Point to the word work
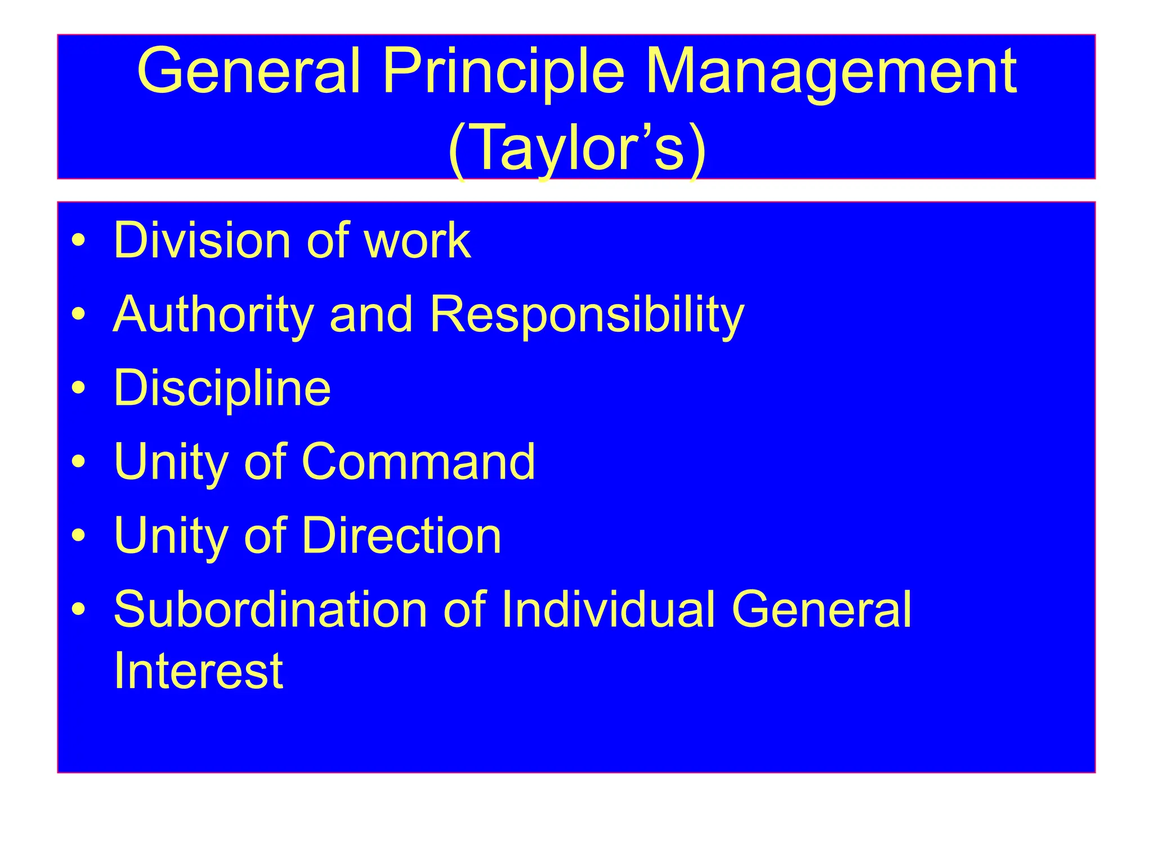417,240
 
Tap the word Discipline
222,388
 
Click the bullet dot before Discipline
79,388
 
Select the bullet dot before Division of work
79,240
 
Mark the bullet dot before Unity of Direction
79,536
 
